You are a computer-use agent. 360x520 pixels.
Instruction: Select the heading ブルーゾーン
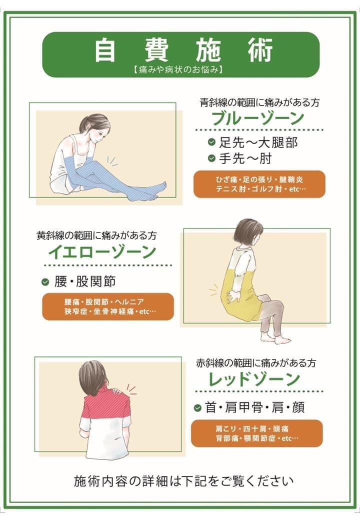pos(258,118)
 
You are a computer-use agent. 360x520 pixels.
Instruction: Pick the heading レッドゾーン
pos(255,379)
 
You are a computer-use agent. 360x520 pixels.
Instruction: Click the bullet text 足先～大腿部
pos(258,142)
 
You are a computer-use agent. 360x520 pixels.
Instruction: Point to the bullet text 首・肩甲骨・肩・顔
pos(254,408)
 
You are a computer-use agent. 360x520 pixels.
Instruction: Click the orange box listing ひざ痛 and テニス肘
pos(259,184)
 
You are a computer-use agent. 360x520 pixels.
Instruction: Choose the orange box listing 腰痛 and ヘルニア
pos(107,306)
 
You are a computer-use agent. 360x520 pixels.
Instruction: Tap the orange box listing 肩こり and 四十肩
pos(256,433)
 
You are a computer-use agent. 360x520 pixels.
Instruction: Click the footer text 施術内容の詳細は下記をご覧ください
pos(183,481)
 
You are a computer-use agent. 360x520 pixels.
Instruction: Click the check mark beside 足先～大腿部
pos(211,142)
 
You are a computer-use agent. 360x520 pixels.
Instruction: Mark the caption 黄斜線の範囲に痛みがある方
pos(99,235)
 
